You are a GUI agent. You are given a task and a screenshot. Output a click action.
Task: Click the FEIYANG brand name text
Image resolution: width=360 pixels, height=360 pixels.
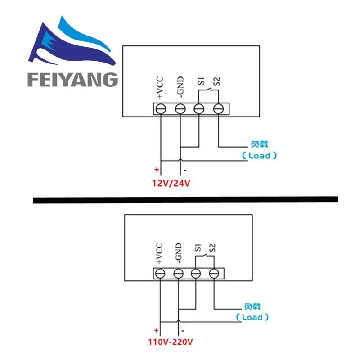[72, 80]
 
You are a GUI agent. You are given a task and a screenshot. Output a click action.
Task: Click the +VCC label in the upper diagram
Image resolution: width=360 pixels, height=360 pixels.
[161, 88]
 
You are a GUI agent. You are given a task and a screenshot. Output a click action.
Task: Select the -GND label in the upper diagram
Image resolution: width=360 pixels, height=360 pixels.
[180, 88]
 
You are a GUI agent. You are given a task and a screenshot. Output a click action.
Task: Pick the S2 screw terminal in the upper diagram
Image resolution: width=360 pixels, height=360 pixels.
[218, 108]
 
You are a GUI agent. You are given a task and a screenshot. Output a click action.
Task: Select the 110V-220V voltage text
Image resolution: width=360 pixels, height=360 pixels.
[171, 342]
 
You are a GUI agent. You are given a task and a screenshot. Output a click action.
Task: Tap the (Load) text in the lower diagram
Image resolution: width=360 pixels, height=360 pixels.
[252, 317]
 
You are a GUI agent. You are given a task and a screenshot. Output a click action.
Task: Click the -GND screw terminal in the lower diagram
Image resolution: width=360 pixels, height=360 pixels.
[178, 273]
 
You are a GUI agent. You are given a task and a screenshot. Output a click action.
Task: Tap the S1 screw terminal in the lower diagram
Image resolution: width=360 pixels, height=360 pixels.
[195, 273]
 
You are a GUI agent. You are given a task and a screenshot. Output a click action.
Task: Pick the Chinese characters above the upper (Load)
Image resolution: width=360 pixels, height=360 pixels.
[259, 144]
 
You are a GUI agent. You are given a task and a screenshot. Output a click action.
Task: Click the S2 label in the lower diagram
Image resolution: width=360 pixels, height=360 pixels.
[213, 247]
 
